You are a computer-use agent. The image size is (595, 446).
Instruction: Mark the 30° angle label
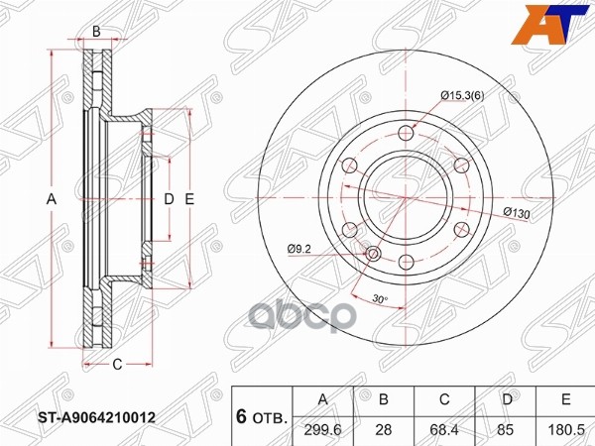click(x=380, y=299)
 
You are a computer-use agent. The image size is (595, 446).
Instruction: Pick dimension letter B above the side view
click(x=96, y=31)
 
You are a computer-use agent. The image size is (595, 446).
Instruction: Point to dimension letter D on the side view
click(x=168, y=200)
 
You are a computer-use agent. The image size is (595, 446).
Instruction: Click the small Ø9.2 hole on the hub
click(x=373, y=256)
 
